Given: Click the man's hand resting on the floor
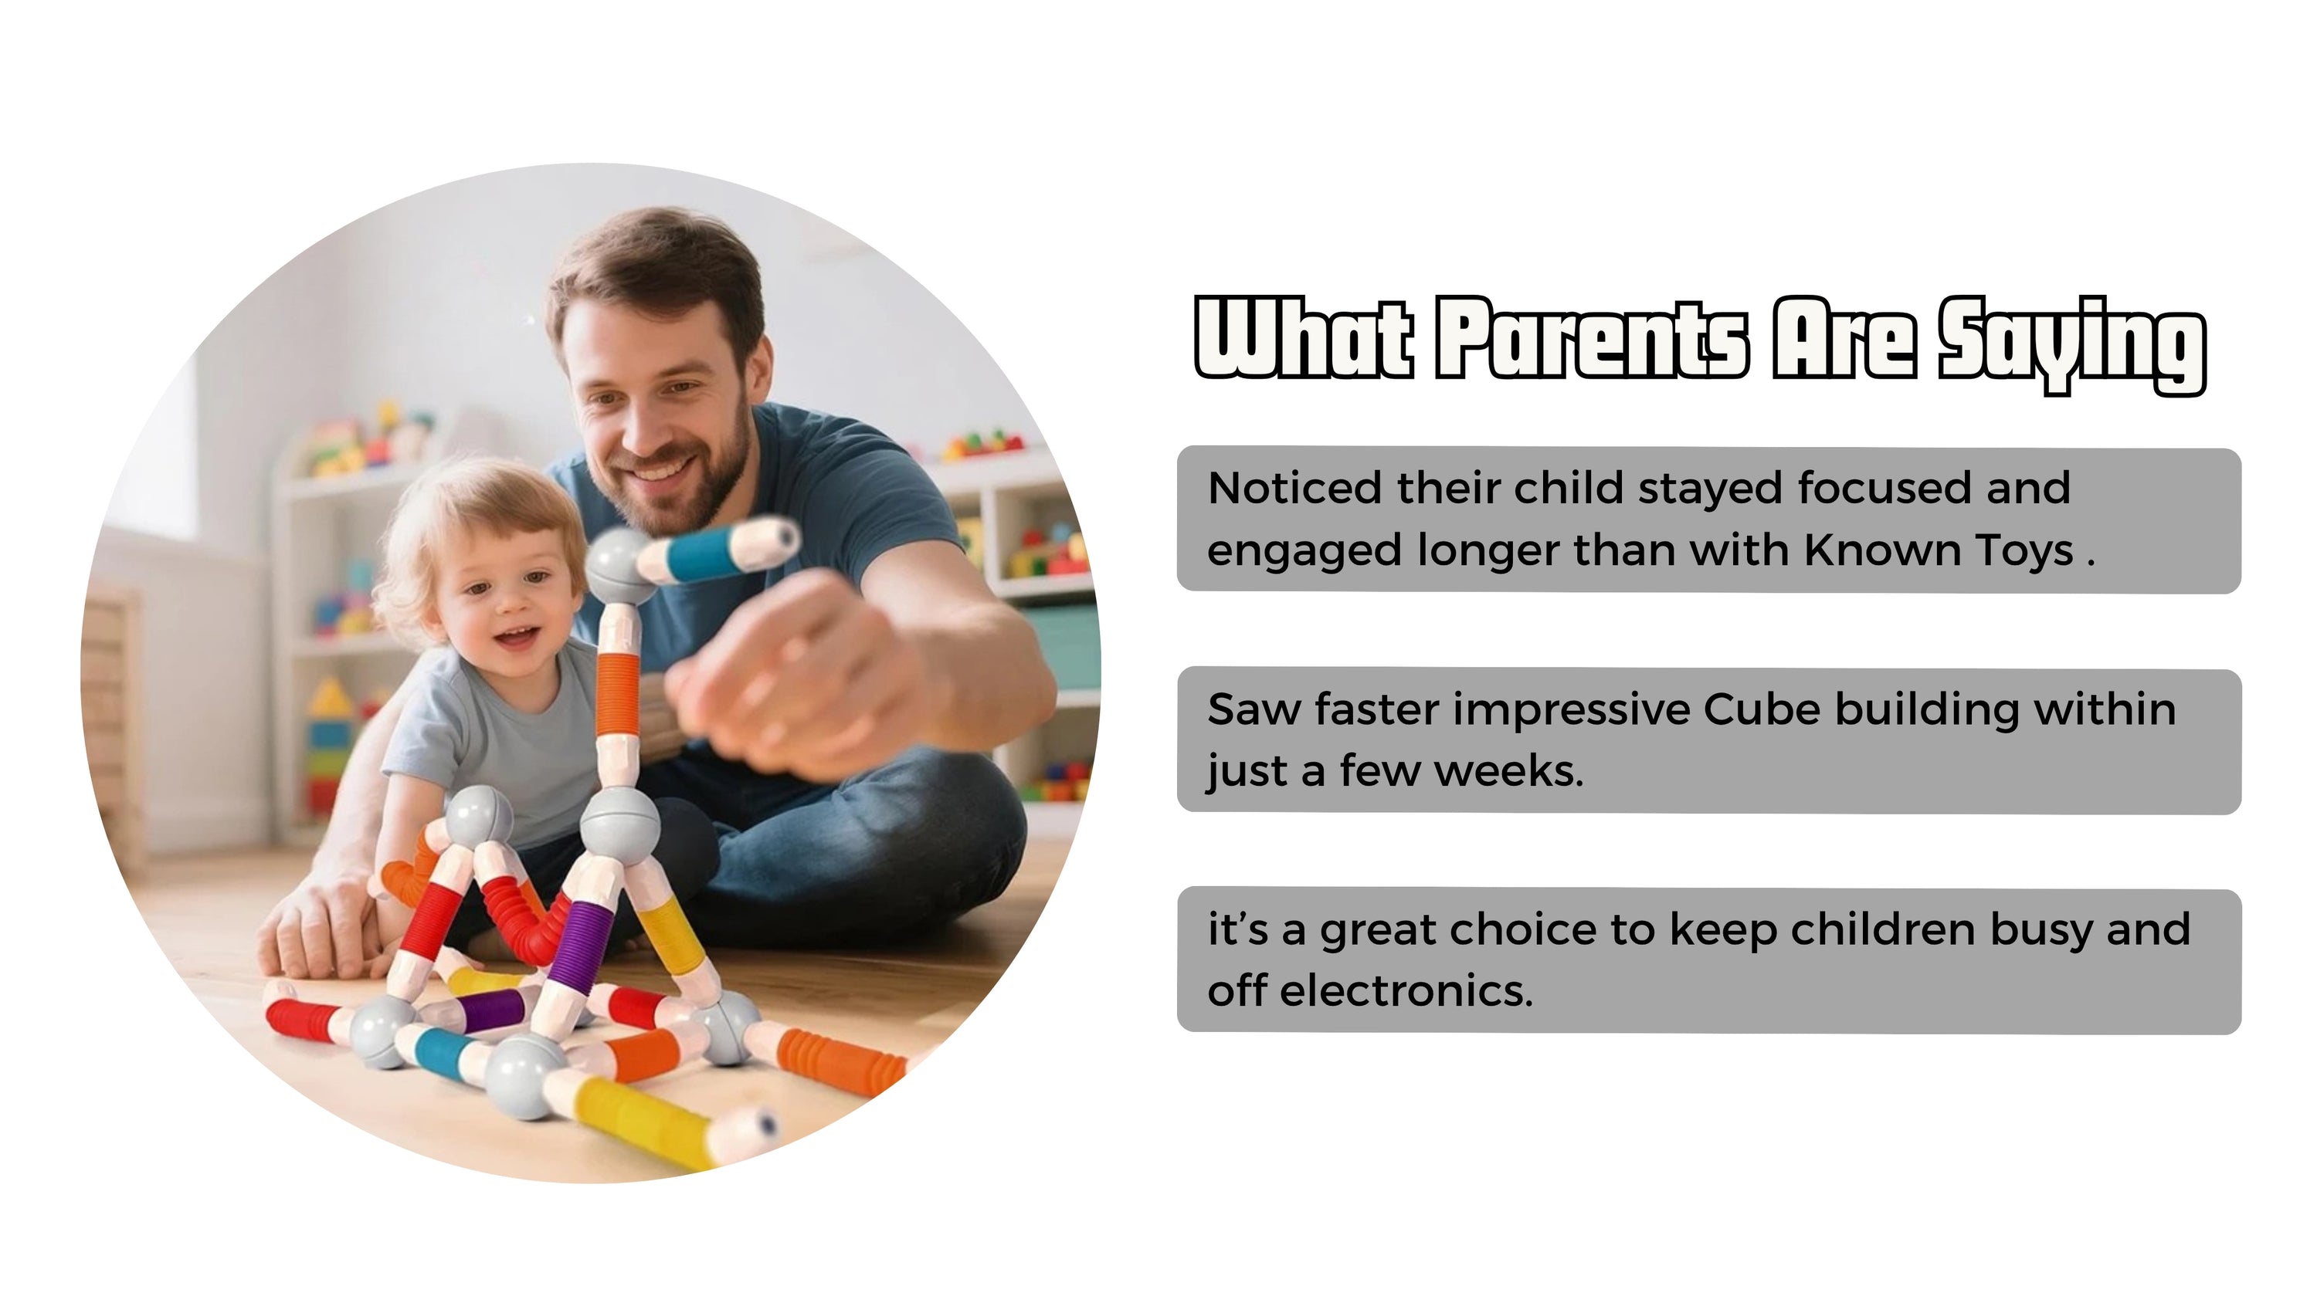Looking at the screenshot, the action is pos(315,931).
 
